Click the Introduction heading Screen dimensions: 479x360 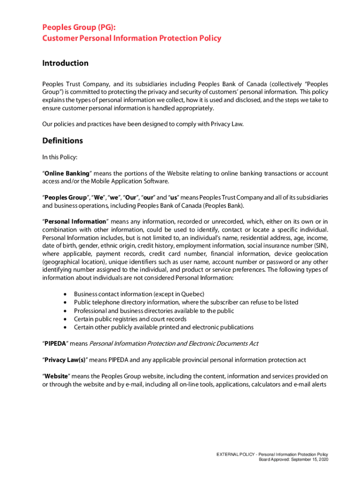pyautogui.click(x=65, y=63)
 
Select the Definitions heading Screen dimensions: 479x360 pyautogui.click(x=62, y=141)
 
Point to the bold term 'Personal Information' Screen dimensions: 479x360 pyautogui.click(x=75, y=221)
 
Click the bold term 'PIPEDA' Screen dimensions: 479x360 pyautogui.click(x=56, y=344)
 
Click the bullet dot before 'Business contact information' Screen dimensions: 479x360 pyautogui.click(x=65, y=294)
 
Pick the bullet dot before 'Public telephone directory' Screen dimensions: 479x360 pyautogui.click(x=65, y=303)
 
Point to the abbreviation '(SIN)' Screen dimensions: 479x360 pyautogui.click(x=319, y=246)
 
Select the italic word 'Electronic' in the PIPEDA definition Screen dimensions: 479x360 pyautogui.click(x=202, y=344)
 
